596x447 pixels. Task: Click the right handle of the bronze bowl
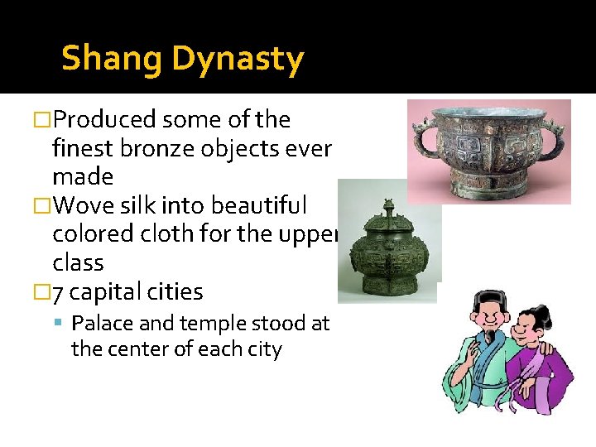pyautogui.click(x=557, y=137)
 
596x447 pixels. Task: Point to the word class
pyautogui.click(x=78, y=263)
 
